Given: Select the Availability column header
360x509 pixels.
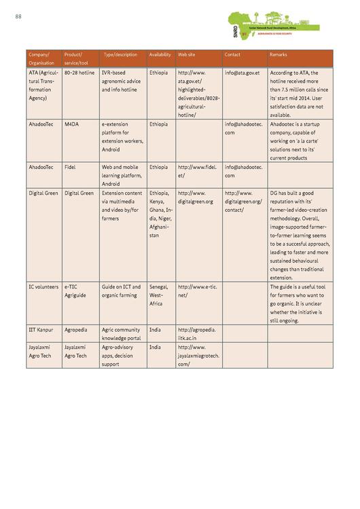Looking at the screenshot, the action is click(160, 54).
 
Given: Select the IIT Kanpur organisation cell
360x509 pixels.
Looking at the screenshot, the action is click(41, 329).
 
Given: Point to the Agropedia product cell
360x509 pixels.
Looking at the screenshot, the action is click(75, 329).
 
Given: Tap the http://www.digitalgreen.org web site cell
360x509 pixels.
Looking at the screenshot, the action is click(196, 197).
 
